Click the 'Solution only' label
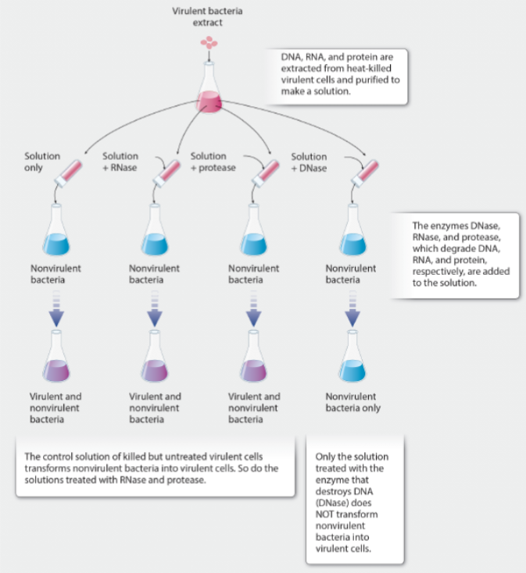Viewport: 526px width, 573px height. (41, 162)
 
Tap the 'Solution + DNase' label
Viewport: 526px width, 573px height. (309, 162)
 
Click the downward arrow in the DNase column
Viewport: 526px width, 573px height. (352, 309)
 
